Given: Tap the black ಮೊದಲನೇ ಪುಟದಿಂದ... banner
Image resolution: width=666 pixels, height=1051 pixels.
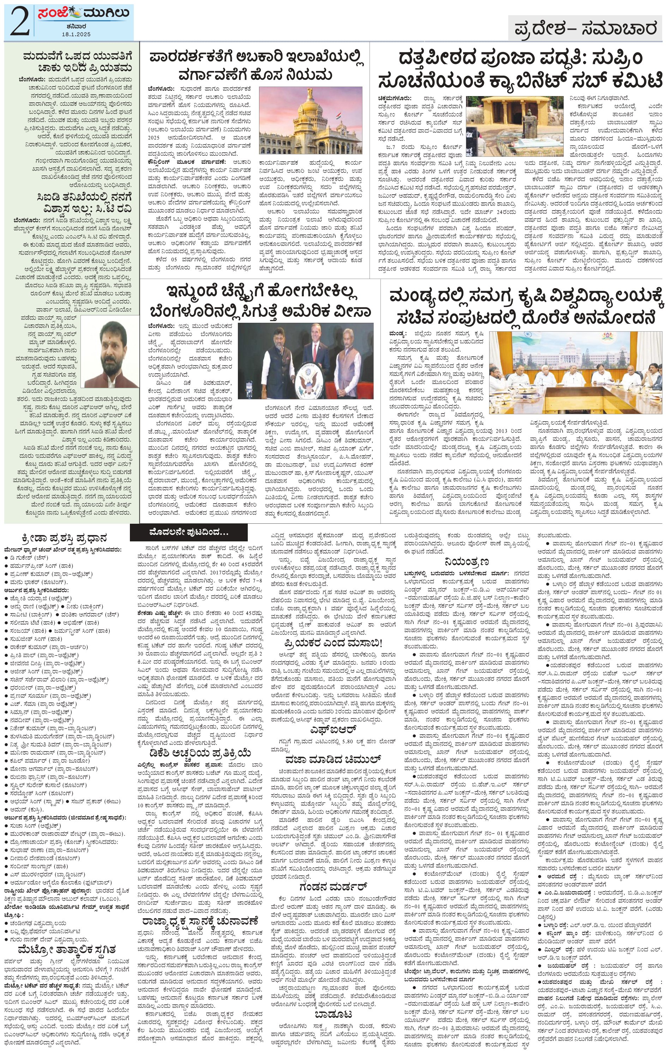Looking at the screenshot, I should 188,533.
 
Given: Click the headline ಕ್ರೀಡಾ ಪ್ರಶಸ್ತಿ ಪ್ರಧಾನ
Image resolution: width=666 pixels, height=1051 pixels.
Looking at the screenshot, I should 57,538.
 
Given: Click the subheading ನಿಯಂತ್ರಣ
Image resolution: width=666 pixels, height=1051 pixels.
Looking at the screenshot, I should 466,561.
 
